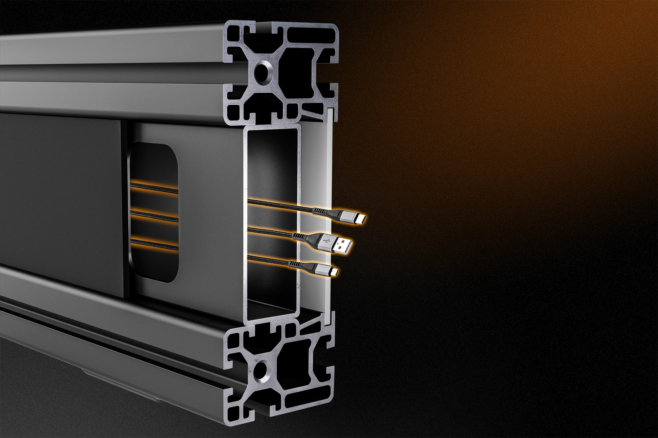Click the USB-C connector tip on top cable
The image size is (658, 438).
[x=361, y=218]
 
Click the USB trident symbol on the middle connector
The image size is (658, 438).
[x=325, y=241]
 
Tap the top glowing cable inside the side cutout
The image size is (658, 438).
[x=155, y=189]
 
